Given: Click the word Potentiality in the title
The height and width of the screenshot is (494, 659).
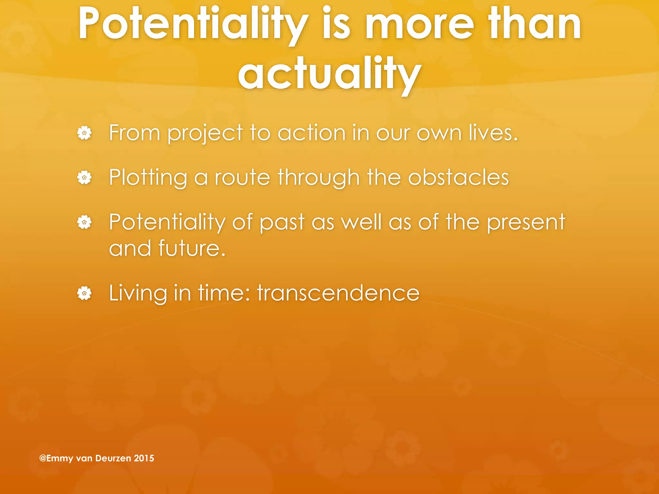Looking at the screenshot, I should click(x=193, y=24).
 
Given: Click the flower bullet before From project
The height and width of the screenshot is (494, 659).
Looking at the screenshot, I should click(x=84, y=133).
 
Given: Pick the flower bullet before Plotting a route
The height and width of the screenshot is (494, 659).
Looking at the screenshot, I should click(x=84, y=178).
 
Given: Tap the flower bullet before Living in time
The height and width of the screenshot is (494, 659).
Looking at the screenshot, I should click(x=84, y=293).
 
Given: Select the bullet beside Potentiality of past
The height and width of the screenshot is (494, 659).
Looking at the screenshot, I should click(x=84, y=222).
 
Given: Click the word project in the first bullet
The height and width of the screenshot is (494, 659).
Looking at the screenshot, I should click(x=205, y=133).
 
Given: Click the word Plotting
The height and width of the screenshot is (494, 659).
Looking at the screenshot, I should click(x=148, y=178).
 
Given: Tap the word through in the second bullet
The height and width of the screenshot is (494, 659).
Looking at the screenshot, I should click(x=318, y=178).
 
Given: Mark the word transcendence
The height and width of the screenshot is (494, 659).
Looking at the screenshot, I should click(x=338, y=293).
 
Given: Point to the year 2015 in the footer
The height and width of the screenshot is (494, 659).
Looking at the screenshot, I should click(x=144, y=458).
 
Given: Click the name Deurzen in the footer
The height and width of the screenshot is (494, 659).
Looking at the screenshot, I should click(x=113, y=458).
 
